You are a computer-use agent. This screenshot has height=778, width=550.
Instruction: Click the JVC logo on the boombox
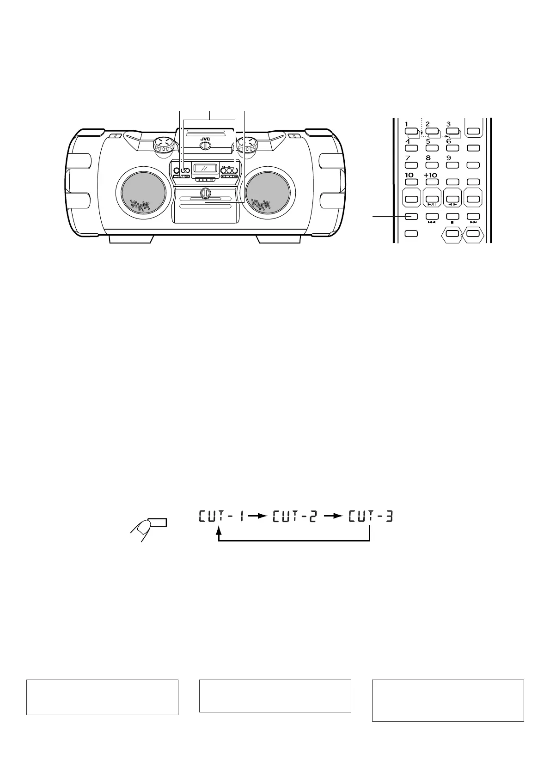pyautogui.click(x=205, y=138)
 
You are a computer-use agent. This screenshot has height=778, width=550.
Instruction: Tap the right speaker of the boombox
pyautogui.click(x=269, y=194)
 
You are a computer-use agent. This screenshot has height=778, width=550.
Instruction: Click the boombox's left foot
pyautogui.click(x=131, y=238)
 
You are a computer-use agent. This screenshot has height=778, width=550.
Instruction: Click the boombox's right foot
pyautogui.click(x=279, y=238)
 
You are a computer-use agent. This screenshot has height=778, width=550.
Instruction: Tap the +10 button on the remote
pyautogui.click(x=431, y=182)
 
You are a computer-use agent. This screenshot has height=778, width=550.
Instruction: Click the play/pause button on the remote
pyautogui.click(x=432, y=199)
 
